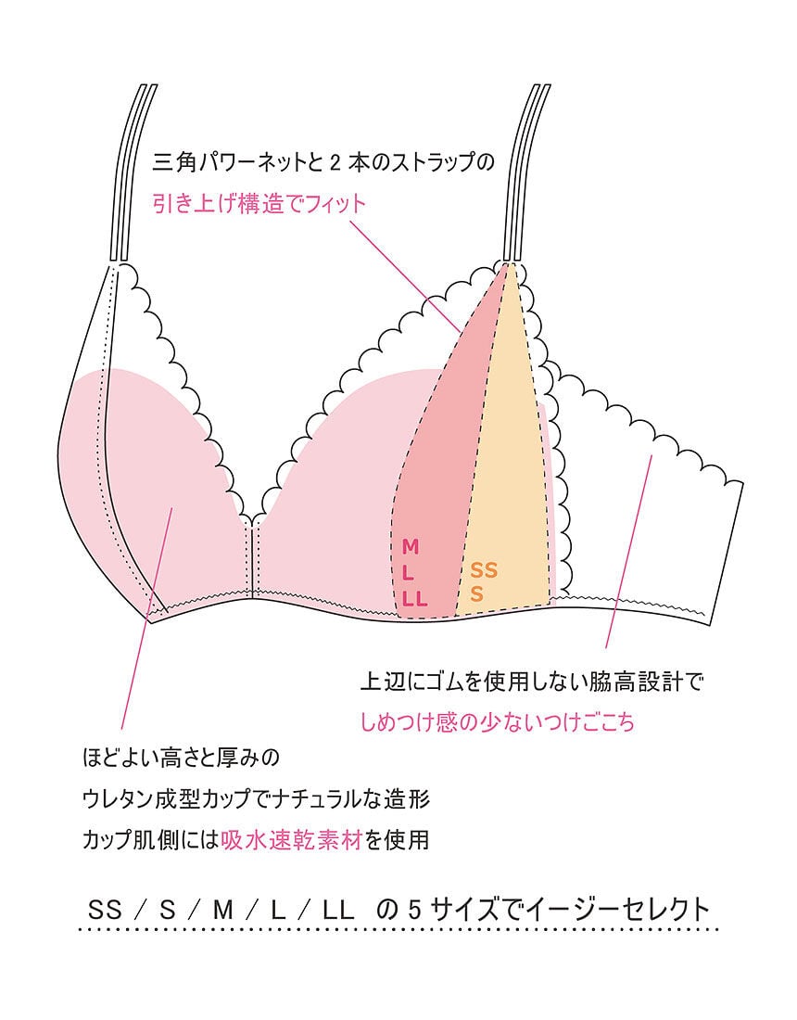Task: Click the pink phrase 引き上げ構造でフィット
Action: (259, 204)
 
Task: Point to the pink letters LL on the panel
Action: (414, 598)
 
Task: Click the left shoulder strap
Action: (132, 172)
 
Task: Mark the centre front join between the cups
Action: (253, 556)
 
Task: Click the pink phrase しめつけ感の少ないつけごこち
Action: (498, 722)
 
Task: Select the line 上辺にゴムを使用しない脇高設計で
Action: (533, 683)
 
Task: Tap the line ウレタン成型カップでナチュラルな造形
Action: (256, 799)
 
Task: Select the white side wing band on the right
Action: (667, 519)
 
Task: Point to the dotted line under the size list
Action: (398, 928)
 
